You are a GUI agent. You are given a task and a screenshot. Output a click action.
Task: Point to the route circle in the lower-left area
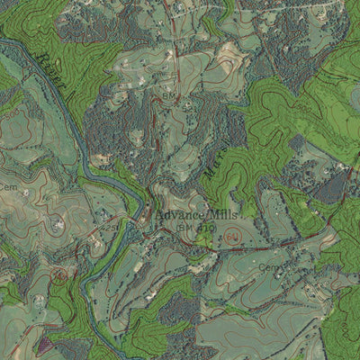tap(59, 274)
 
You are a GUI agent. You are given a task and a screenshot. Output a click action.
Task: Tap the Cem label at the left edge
tap(8, 186)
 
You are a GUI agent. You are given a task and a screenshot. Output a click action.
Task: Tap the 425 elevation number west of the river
tap(56, 224)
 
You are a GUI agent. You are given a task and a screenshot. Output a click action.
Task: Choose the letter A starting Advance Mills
tap(159, 217)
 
